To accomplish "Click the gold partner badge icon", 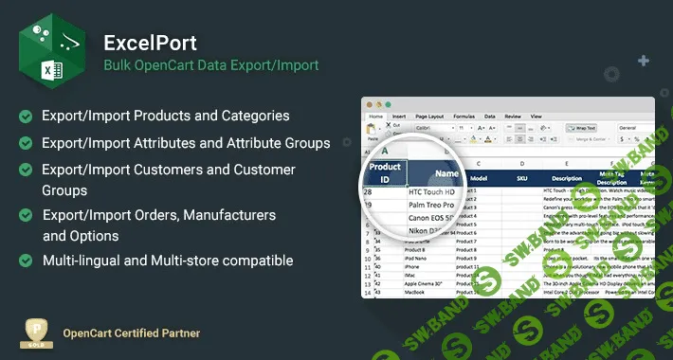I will pos(35,333).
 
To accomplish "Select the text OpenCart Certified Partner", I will pos(131,333).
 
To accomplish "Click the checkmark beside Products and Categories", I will pos(25,116).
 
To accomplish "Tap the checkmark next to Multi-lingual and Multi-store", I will pos(25,261).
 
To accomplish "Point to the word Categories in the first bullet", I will pos(253,116).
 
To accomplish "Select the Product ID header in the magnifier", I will pos(385,173).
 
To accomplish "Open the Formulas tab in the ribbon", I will pos(464,116).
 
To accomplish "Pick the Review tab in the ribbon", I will pos(512,116).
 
